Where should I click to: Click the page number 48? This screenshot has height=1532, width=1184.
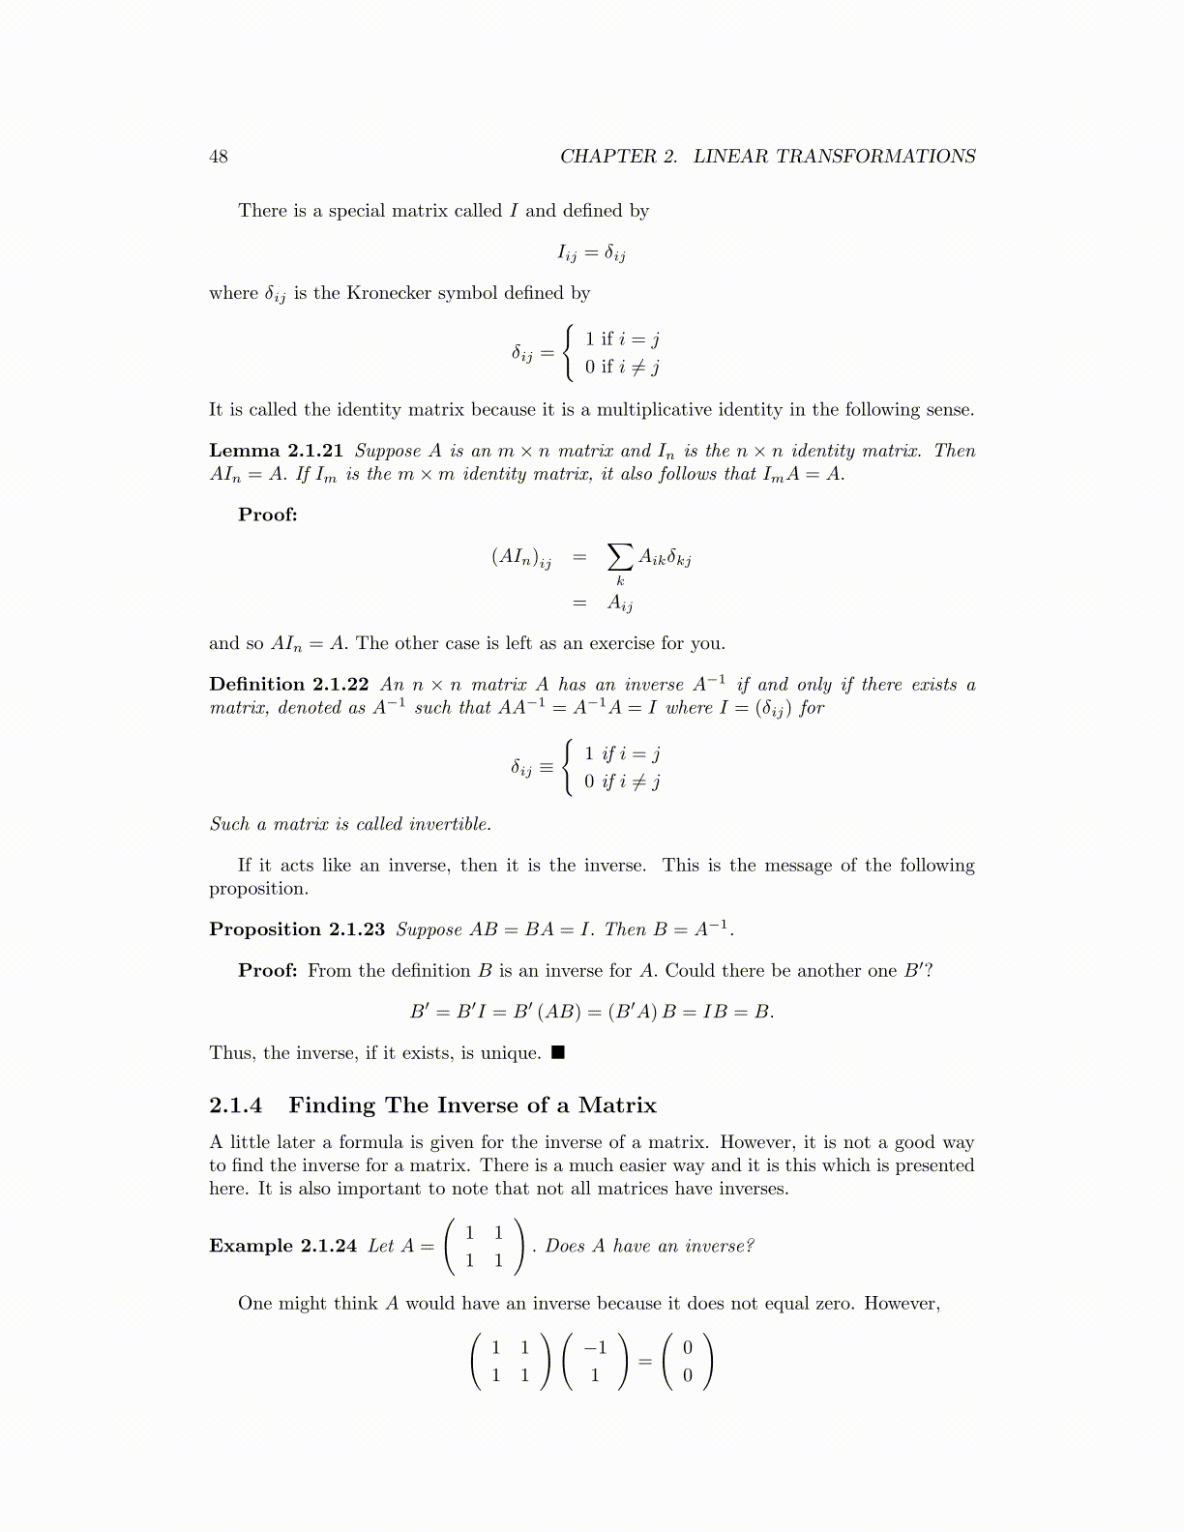click(219, 157)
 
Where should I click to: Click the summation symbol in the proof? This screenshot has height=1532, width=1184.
click(620, 557)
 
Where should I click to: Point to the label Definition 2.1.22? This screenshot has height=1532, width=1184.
click(288, 685)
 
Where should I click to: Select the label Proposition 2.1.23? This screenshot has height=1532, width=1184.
click(296, 929)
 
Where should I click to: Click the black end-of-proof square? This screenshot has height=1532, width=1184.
click(557, 1052)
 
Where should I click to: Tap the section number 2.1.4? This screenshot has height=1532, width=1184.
click(235, 1105)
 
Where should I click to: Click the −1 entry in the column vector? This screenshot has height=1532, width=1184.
click(595, 1347)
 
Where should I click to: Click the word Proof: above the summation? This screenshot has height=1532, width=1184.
click(268, 515)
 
